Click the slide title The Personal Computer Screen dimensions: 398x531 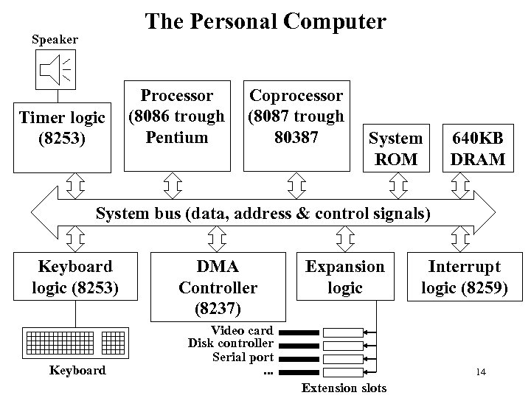pyautogui.click(x=265, y=21)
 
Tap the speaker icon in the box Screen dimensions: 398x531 pyautogui.click(x=56, y=69)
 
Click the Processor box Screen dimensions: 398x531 pyautogui.click(x=177, y=116)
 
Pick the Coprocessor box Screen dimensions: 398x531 pyautogui.click(x=296, y=116)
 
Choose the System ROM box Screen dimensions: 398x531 pyautogui.click(x=396, y=148)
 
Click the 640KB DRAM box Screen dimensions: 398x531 pyautogui.click(x=479, y=148)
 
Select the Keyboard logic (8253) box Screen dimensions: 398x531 pyautogui.click(x=75, y=276)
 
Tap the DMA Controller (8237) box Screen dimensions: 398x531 pyautogui.click(x=218, y=287)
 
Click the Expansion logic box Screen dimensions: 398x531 pyautogui.click(x=344, y=276)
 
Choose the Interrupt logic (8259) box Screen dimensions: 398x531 pyautogui.click(x=464, y=276)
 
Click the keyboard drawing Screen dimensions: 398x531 pyautogui.click(x=76, y=341)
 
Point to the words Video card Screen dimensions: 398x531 pyautogui.click(x=242, y=331)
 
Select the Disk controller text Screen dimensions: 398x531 pyautogui.click(x=231, y=343)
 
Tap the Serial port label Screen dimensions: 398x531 pyautogui.click(x=243, y=357)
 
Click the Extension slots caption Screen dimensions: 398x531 pyautogui.click(x=344, y=388)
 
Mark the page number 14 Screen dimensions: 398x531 pyautogui.click(x=480, y=371)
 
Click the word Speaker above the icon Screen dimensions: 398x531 pyautogui.click(x=55, y=38)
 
